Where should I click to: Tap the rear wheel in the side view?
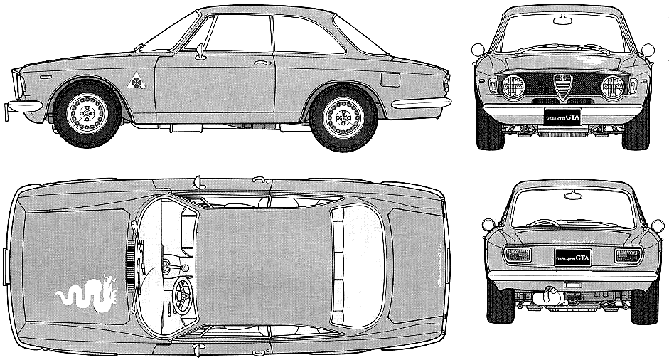pyautogui.click(x=343, y=117)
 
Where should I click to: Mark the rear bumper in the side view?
pyautogui.click(x=421, y=103)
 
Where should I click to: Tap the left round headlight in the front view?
pyautogui.click(x=513, y=87)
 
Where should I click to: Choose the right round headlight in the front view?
pyautogui.click(x=612, y=87)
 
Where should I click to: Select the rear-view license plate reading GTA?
pyautogui.click(x=573, y=256)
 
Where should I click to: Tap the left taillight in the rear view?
pyautogui.click(x=516, y=255)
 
